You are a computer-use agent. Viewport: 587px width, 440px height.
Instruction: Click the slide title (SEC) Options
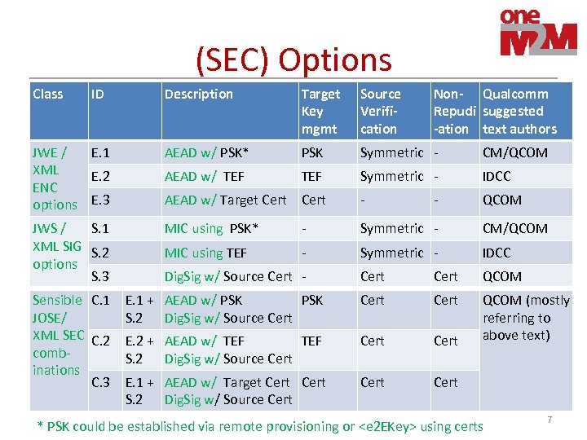click(x=293, y=59)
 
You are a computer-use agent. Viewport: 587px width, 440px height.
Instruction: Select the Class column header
click(x=48, y=94)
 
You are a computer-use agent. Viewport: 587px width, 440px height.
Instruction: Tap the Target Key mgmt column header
click(x=320, y=111)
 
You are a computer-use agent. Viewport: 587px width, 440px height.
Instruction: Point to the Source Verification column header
click(x=381, y=111)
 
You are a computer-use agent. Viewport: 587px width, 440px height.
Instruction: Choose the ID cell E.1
click(x=101, y=152)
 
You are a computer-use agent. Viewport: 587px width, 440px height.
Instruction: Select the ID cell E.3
click(x=101, y=200)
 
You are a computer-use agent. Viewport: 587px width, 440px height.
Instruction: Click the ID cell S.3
click(x=101, y=276)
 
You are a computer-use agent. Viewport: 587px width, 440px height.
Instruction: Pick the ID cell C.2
click(x=101, y=341)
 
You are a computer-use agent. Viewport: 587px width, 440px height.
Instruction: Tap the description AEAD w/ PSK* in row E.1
click(x=206, y=152)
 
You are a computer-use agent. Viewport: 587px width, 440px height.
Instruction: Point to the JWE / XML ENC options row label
click(x=55, y=178)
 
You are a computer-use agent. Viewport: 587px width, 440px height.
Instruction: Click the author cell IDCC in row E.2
click(x=497, y=176)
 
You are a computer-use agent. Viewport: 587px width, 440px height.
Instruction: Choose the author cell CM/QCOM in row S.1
click(x=515, y=228)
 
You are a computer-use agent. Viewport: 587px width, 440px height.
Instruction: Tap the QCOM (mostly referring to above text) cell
click(x=526, y=318)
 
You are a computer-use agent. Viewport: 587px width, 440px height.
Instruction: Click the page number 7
click(x=549, y=420)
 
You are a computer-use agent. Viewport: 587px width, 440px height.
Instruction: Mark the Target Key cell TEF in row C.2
click(x=312, y=341)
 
